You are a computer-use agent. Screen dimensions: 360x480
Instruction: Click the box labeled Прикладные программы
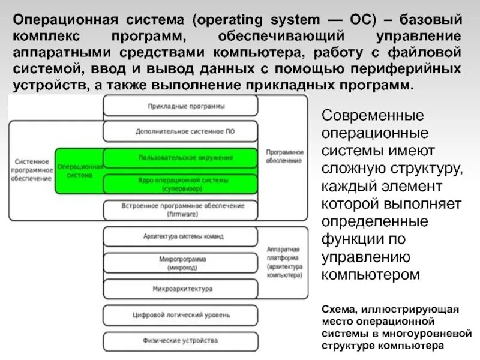(x=181, y=106)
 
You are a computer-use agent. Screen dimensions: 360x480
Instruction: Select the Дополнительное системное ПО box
(x=181, y=130)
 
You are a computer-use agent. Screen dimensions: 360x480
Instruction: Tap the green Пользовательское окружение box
(x=181, y=157)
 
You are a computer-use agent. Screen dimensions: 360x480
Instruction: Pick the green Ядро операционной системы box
(x=181, y=183)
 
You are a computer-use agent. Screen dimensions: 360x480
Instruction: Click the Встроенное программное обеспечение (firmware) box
(x=181, y=210)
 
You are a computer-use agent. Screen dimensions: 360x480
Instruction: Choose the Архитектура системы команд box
(x=181, y=237)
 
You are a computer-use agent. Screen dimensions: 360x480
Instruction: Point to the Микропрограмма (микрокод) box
(x=181, y=263)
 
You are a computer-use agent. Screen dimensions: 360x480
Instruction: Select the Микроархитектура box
(x=181, y=289)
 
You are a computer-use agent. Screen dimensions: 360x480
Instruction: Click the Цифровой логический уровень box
(x=181, y=314)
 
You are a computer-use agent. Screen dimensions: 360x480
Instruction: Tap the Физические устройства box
(x=181, y=341)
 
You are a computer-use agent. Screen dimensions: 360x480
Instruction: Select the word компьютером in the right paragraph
(x=371, y=275)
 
